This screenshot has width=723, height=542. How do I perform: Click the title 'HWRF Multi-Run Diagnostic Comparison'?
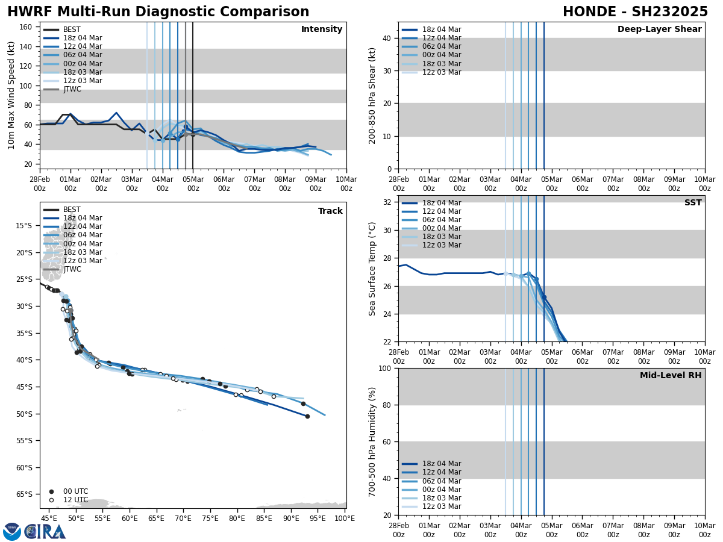[158, 12]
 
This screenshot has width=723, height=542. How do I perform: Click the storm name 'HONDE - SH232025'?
[635, 12]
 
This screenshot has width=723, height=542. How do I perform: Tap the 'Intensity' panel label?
[322, 30]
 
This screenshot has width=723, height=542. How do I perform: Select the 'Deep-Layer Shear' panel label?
[659, 30]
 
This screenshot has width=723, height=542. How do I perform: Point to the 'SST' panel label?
[693, 203]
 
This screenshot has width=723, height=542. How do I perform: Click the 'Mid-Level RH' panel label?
[671, 376]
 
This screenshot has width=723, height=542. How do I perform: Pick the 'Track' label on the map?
[330, 211]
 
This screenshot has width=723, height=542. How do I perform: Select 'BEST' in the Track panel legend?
[72, 210]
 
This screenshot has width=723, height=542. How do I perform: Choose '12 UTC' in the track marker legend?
[75, 500]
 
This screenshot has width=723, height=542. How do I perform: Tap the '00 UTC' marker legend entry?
[75, 491]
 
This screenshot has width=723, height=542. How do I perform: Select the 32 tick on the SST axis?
[387, 202]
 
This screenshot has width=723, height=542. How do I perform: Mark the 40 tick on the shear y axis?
[387, 39]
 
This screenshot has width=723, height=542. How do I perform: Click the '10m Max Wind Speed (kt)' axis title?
[11, 95]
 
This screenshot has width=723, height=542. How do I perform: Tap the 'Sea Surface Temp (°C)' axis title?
[372, 269]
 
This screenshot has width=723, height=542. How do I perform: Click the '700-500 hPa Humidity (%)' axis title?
[372, 441]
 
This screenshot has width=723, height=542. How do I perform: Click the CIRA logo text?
[45, 532]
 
